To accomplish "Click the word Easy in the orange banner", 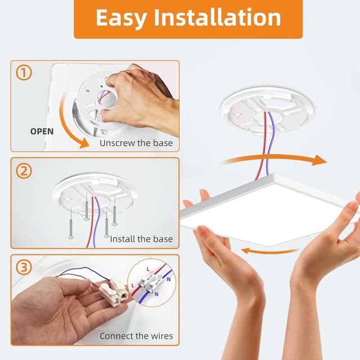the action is click(121, 19).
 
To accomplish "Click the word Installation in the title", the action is click(218, 17).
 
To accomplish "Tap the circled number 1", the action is click(24, 73).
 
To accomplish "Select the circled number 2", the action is click(24, 170).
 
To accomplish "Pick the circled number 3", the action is click(24, 267).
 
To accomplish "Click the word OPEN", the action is click(42, 132).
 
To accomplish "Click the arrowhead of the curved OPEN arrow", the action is click(83, 143).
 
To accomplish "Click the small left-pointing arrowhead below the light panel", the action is click(246, 251).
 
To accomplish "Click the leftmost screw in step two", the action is click(71, 223).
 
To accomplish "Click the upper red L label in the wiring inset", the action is click(148, 269).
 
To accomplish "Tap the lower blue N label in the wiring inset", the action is click(156, 294).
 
